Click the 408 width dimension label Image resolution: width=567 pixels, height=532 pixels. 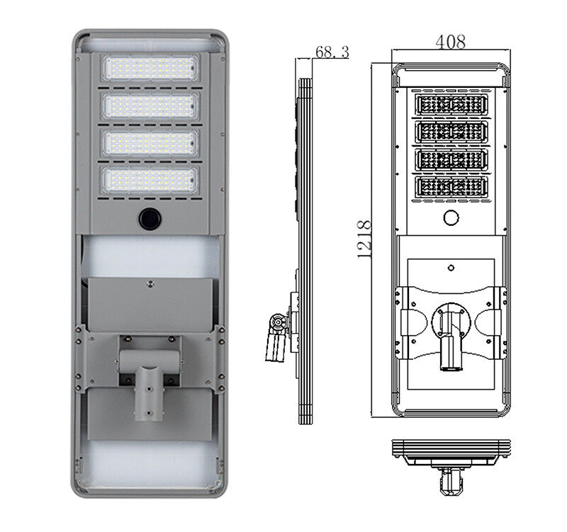pyautogui.click(x=450, y=42)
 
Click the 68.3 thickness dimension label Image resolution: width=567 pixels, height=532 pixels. pyautogui.click(x=332, y=52)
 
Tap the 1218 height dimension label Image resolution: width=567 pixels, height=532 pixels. pyautogui.click(x=364, y=239)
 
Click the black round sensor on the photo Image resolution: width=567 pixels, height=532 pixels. pyautogui.click(x=150, y=218)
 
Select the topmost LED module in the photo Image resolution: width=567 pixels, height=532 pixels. pyautogui.click(x=150, y=67)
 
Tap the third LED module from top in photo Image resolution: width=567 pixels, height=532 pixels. pyautogui.click(x=150, y=143)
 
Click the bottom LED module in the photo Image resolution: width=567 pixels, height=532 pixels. pyautogui.click(x=150, y=181)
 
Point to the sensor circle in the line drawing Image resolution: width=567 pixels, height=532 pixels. pyautogui.click(x=451, y=217)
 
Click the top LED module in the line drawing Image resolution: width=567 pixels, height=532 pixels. pyautogui.click(x=451, y=104)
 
